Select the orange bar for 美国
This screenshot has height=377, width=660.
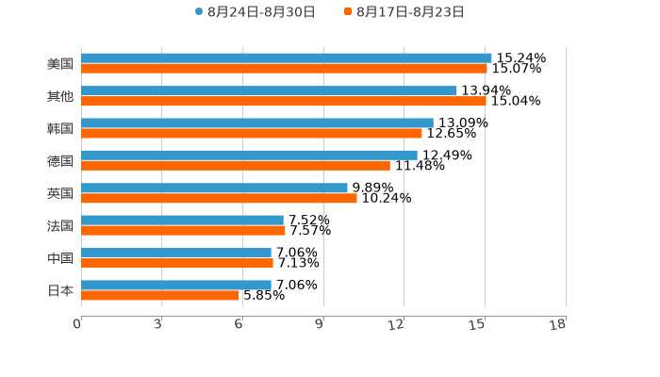[x=284, y=69]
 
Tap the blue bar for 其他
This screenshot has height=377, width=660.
[x=269, y=90]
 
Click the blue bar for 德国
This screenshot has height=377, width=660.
[x=249, y=155]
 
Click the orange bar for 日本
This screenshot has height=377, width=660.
[x=160, y=295]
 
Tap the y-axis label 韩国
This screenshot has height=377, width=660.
[x=60, y=128]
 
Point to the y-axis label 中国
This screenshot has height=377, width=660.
[x=60, y=258]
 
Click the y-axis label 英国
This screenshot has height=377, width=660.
[x=60, y=193]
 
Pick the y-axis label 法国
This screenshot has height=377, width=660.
[x=60, y=225]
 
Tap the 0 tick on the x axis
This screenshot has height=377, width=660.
[x=77, y=325]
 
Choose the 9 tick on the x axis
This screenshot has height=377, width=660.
[x=320, y=325]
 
